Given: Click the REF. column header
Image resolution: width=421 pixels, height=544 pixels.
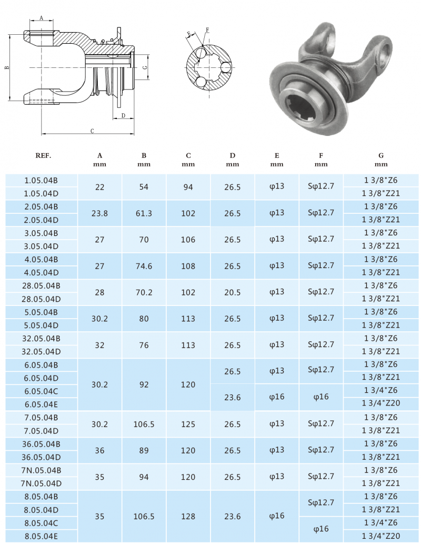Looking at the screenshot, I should pos(43,155).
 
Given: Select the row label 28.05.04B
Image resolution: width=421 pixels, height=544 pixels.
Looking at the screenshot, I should pos(41,285).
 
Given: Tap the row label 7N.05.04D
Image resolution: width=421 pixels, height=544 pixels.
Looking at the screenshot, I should pos(41,483).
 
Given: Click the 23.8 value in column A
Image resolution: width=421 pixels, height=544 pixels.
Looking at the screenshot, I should pos(99,213).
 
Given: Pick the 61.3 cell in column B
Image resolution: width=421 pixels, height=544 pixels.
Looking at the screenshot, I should pos(144,213).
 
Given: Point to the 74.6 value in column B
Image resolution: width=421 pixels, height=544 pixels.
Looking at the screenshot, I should pos(144,266).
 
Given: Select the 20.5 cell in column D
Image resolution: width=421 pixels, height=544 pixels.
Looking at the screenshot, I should pos(232,292).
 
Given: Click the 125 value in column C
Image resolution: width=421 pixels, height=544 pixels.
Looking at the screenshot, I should pos(188,424).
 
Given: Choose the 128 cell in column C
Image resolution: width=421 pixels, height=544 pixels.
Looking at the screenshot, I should pos(188,516).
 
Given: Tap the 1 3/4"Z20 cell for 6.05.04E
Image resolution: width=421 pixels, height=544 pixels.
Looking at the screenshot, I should pos(381,404).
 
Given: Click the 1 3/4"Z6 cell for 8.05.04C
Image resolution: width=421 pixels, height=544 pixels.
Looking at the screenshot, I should pos(381,522).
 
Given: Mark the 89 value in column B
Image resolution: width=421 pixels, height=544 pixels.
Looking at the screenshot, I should pos(144,450).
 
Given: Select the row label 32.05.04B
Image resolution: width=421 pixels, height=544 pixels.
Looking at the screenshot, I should pos(41,338).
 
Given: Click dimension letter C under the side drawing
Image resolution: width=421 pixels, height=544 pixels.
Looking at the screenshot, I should pos(92,131).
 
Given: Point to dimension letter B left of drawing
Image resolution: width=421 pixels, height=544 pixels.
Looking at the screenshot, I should pos(6,67).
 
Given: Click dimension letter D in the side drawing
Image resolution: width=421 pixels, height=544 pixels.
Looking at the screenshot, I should pos(123,115).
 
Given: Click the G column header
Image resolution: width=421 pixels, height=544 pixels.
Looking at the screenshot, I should pos(381,155).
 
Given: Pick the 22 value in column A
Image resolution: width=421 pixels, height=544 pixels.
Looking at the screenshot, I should pos(99,187).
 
